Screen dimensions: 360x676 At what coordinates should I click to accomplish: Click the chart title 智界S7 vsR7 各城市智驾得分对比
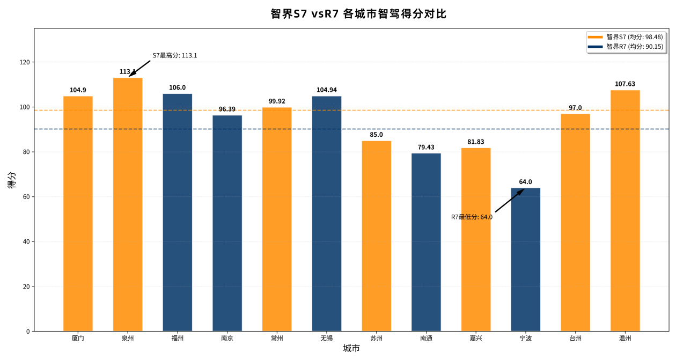pos(358,14)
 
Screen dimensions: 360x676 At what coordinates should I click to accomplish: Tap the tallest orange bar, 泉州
pos(128,204)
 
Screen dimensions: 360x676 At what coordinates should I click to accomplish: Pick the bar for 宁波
pos(525,260)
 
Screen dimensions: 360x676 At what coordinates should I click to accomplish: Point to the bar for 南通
pos(426,242)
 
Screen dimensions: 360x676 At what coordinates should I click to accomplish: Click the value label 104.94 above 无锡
pos(326,90)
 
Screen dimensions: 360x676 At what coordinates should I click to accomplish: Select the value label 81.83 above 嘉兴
pos(475,142)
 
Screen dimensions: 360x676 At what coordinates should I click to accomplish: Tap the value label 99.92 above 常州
pos(277,101)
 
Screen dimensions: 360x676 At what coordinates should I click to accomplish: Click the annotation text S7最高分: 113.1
pos(175,55)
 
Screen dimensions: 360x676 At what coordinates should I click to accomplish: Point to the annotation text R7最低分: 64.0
pos(472,217)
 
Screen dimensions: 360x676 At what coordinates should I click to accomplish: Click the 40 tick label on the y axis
pos(27,241)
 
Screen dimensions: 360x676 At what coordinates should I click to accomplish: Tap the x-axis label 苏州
pos(376,339)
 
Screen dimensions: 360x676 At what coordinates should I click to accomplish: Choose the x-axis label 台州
pos(575,339)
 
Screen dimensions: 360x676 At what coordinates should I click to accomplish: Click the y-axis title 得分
pos(12,180)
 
